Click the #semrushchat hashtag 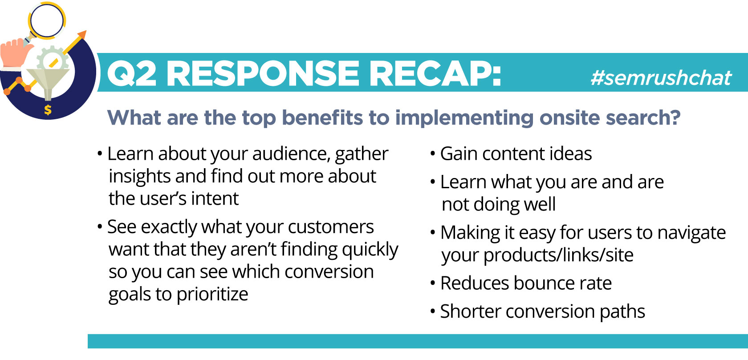[x=661, y=78]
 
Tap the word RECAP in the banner [x=435, y=74]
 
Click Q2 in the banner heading [x=132, y=74]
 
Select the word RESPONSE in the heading [x=263, y=74]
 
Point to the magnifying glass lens [x=46, y=20]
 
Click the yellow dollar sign [x=48, y=110]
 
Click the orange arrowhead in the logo [x=82, y=34]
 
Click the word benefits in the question [x=322, y=117]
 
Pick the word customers [x=330, y=227]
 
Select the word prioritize [x=212, y=295]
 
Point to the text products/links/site [x=558, y=255]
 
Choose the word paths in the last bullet [x=622, y=312]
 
